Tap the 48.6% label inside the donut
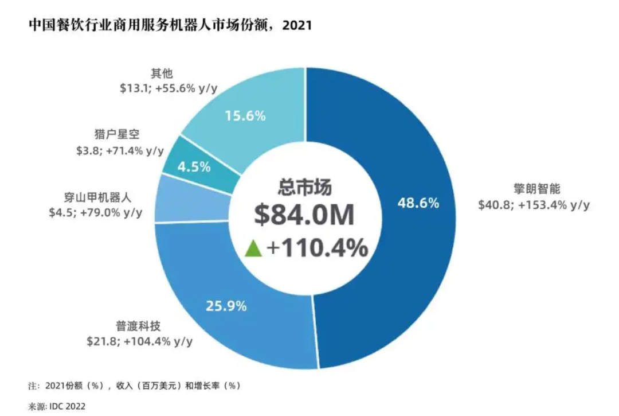pyautogui.click(x=417, y=203)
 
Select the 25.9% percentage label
pyautogui.click(x=225, y=306)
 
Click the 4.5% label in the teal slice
pyautogui.click(x=194, y=168)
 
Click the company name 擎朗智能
pyautogui.click(x=532, y=189)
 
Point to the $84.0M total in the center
pyautogui.click(x=305, y=215)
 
